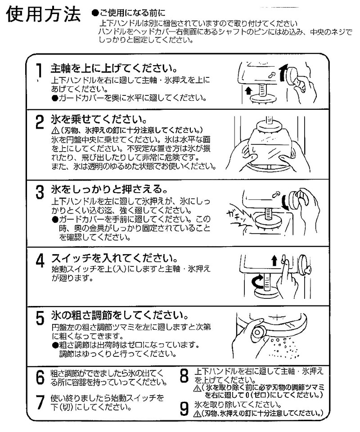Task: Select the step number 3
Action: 40,191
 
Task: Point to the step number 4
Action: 40,261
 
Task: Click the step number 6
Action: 40,377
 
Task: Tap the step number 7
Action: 40,402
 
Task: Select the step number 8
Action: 184,376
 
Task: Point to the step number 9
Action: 184,408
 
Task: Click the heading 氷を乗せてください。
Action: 99,120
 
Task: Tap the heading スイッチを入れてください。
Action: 112,259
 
